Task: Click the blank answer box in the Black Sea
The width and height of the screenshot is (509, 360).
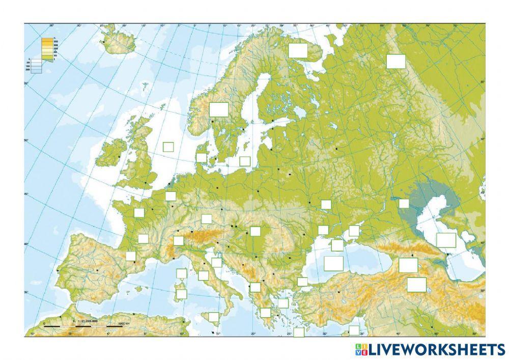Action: pyautogui.click(x=333, y=263)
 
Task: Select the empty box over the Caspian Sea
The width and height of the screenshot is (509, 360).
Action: pyautogui.click(x=446, y=240)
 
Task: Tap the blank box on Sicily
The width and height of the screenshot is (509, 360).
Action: pyautogui.click(x=214, y=317)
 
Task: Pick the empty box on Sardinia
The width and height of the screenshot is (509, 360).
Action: pyautogui.click(x=181, y=294)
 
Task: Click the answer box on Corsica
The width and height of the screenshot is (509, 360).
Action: pyautogui.click(x=182, y=273)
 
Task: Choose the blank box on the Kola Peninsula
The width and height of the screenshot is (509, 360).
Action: pyautogui.click(x=298, y=50)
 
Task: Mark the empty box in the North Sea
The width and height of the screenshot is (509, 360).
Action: pyautogui.click(x=168, y=147)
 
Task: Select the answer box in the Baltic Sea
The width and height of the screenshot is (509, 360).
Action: pyautogui.click(x=245, y=161)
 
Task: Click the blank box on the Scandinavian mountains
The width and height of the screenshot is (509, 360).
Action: pyautogui.click(x=219, y=109)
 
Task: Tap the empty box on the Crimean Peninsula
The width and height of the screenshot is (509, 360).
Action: pyautogui.click(x=337, y=245)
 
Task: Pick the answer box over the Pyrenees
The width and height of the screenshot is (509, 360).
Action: pyautogui.click(x=131, y=256)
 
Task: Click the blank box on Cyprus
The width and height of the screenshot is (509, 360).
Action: pyautogui.click(x=354, y=330)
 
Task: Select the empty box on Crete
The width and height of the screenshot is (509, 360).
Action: pyautogui.click(x=299, y=332)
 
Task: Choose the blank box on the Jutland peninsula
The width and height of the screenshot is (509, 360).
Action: pyautogui.click(x=202, y=157)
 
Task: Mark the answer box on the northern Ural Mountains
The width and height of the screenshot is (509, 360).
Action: pyautogui.click(x=395, y=61)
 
